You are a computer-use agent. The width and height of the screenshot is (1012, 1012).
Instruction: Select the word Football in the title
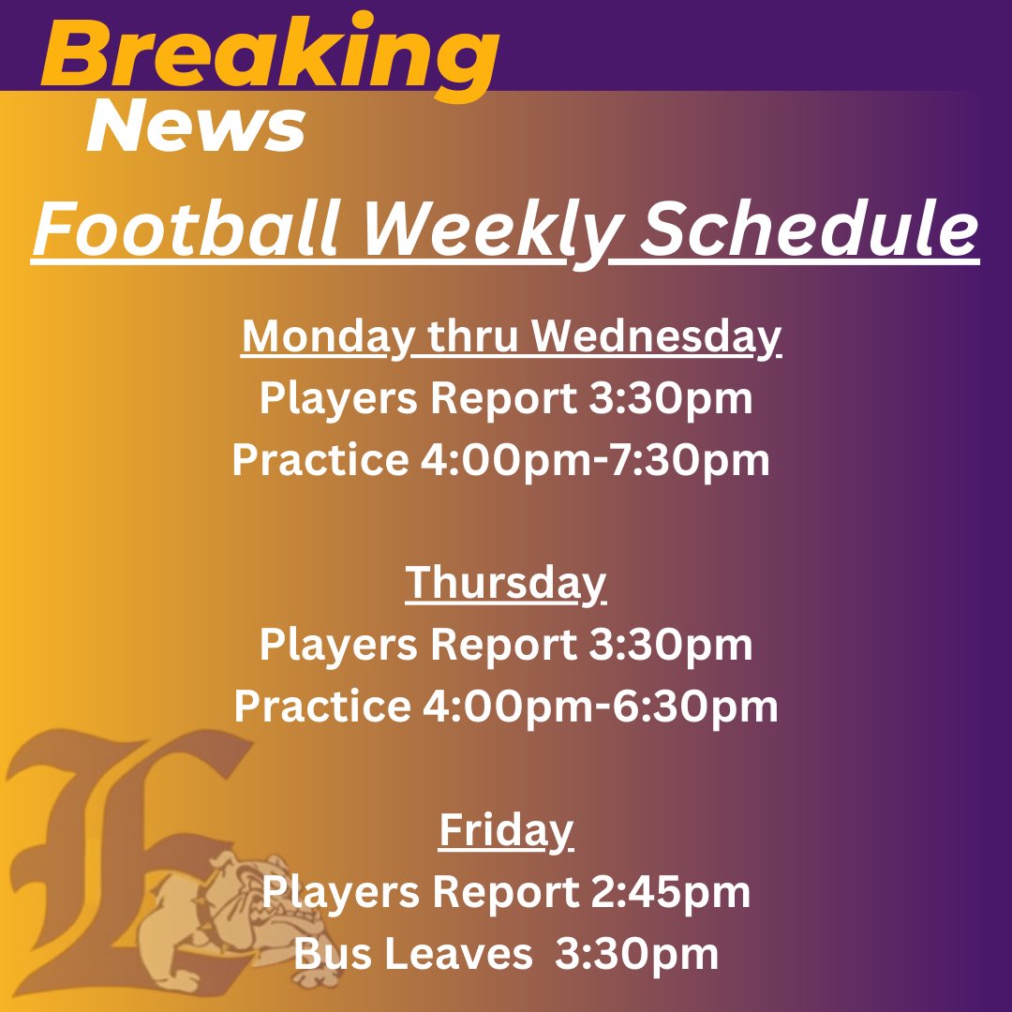[184, 231]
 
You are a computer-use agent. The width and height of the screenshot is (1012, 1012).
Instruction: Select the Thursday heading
[506, 583]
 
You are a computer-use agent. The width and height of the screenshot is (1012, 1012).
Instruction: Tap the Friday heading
[506, 830]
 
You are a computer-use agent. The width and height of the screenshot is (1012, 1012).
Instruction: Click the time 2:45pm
[670, 892]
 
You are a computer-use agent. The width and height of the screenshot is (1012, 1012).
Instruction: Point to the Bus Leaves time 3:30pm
[637, 954]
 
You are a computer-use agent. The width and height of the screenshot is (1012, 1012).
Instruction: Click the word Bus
[329, 954]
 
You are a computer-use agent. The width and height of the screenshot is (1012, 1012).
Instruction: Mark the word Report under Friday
[505, 892]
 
